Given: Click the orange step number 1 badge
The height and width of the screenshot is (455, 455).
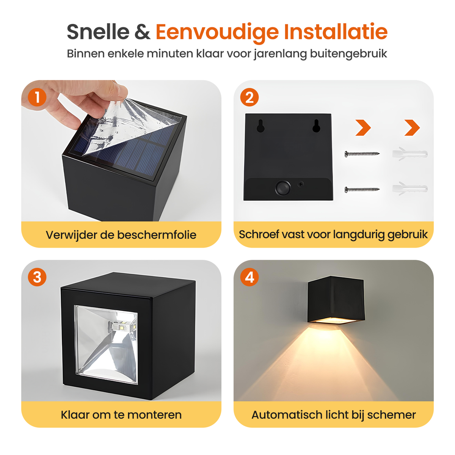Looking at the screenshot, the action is coord(37,97).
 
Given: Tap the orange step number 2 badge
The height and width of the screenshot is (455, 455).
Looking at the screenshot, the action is coord(249,97).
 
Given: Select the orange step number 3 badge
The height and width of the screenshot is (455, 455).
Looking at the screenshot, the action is coord(37,277).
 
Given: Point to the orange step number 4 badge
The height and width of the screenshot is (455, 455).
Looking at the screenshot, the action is coord(249,277).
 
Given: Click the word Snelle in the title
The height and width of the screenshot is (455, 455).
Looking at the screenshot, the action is coord(98,32).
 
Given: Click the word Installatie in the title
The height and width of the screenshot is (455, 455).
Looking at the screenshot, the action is coord(336,32).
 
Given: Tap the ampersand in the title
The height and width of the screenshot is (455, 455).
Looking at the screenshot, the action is coord(143,32).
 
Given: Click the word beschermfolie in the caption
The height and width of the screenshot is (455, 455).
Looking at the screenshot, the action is coord(157,235).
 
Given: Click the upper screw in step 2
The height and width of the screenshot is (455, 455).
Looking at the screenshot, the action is coord(362,154).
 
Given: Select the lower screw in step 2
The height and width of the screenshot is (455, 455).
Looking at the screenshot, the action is coord(362,189).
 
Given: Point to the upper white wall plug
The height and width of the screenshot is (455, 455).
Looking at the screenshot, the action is coord(410,154).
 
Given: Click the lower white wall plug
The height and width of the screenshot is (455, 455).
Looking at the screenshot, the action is coord(410,189).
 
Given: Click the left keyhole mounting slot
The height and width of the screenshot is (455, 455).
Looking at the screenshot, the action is coord(260,126).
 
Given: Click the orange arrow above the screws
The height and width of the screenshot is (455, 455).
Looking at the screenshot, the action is coord(363,127).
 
